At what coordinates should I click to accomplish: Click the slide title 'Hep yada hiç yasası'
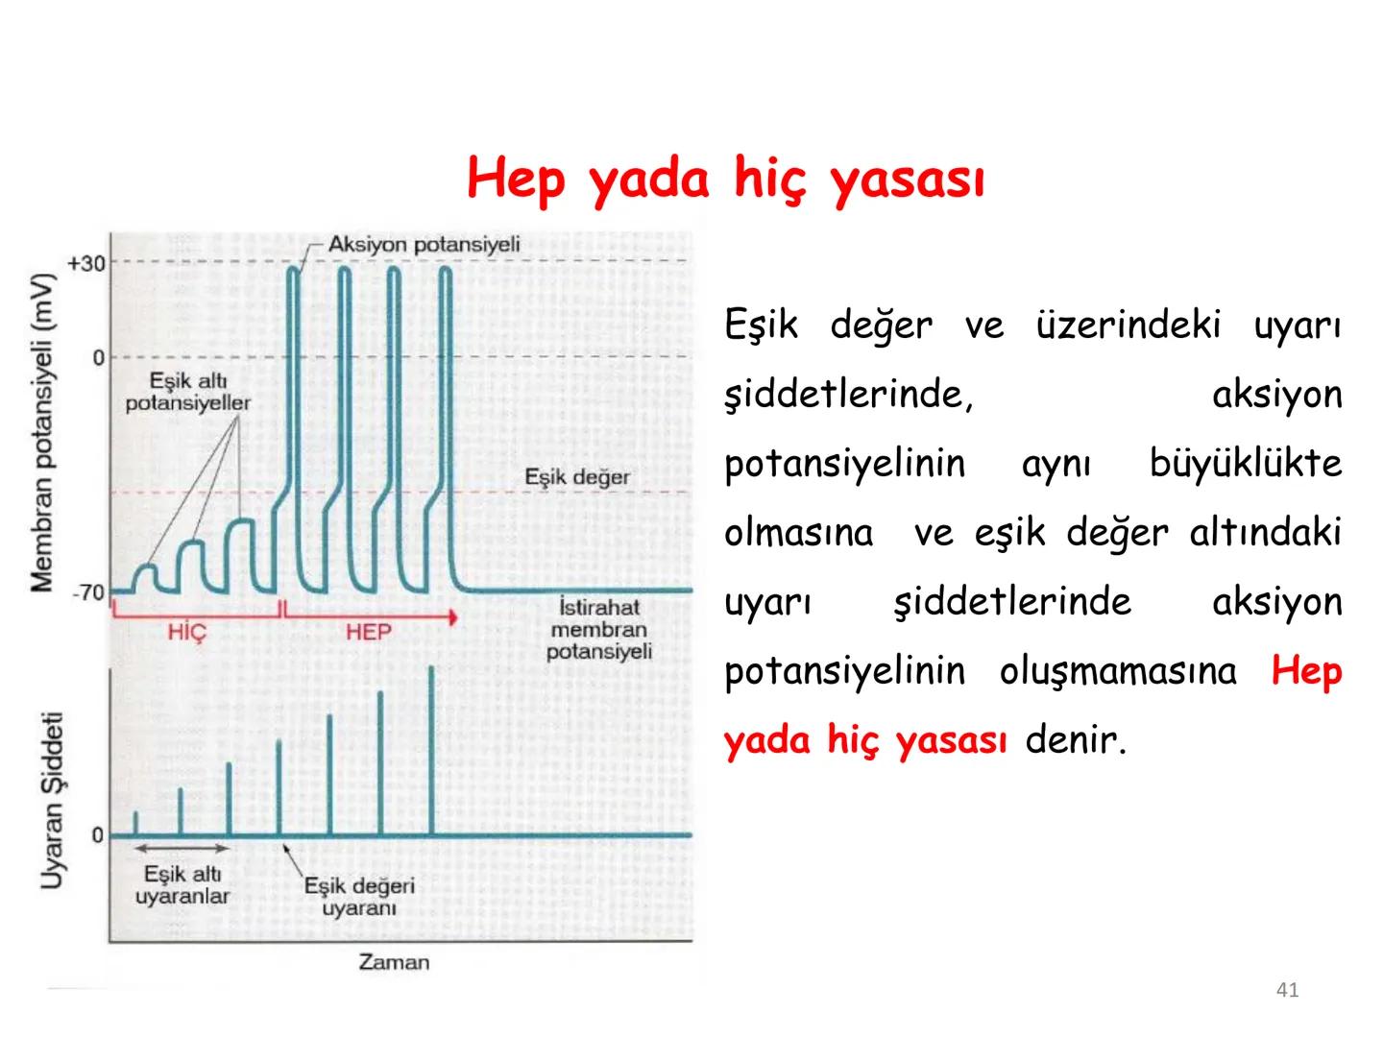(x=726, y=180)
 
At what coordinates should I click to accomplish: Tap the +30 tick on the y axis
(x=86, y=263)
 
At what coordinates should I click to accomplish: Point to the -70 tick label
(x=87, y=591)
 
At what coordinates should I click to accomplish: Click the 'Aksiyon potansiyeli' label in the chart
(x=424, y=244)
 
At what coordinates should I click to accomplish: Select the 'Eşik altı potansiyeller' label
(x=187, y=393)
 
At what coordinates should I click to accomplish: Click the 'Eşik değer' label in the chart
(x=576, y=477)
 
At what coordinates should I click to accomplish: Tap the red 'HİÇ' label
(x=186, y=632)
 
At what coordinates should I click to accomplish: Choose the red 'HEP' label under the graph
(x=368, y=632)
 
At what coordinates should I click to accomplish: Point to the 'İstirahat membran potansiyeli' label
(x=599, y=630)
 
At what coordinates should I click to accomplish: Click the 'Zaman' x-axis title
(x=394, y=962)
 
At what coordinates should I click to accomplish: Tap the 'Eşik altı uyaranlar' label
(x=182, y=885)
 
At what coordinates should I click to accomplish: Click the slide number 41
(x=1287, y=990)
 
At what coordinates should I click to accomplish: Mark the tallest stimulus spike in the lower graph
(x=431, y=749)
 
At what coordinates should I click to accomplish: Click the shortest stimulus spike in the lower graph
(x=135, y=824)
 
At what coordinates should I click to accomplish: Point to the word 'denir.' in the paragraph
(x=1075, y=740)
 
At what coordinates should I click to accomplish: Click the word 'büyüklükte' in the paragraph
(x=1245, y=464)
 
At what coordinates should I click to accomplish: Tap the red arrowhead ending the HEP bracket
(x=452, y=617)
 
